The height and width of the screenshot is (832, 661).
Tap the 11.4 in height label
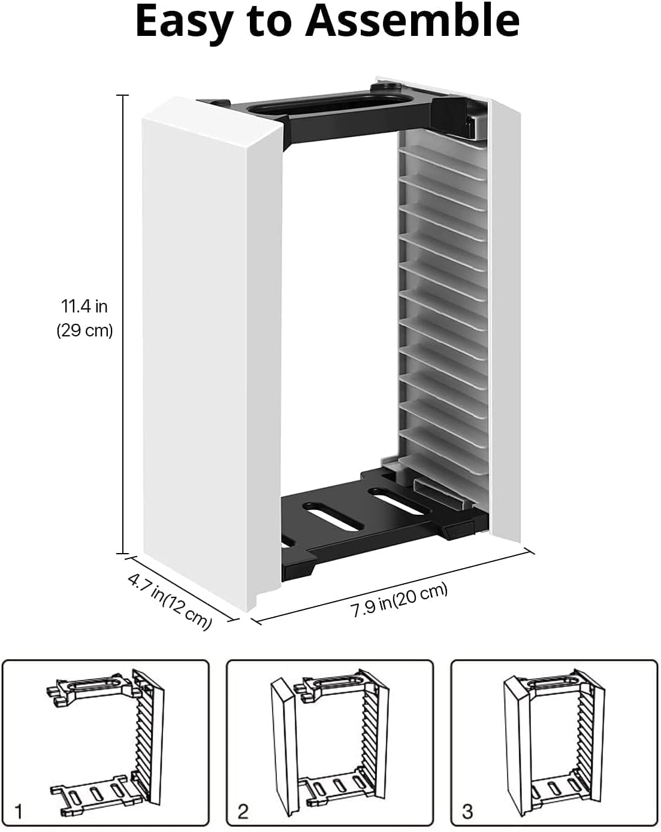pyautogui.click(x=84, y=306)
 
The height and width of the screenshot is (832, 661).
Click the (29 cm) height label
pyautogui.click(x=84, y=330)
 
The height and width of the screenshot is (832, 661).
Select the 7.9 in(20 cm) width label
pyautogui.click(x=399, y=600)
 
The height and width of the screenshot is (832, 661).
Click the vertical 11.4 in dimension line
pyautogui.click(x=123, y=324)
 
